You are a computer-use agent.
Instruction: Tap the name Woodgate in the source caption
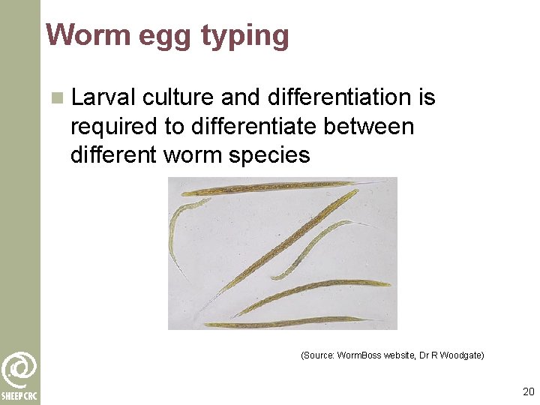click(x=463, y=354)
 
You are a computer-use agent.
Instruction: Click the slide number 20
click(x=528, y=391)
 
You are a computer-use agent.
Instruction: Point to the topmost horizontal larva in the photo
click(x=270, y=187)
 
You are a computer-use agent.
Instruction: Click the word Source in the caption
click(x=318, y=354)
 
